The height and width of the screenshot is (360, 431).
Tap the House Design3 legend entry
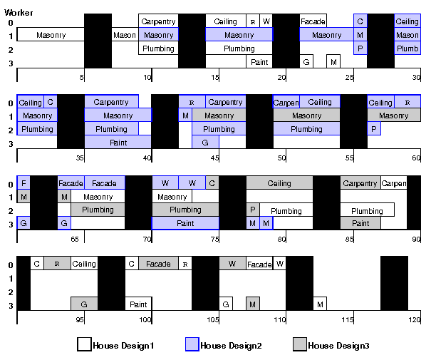coord(331,346)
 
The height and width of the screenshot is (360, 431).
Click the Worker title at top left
coord(19,12)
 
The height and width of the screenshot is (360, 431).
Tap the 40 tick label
coord(147,158)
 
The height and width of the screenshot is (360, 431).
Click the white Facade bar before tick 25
coord(313,21)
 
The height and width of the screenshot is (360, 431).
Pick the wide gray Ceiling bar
coord(279,183)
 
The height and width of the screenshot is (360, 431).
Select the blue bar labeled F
coord(24,183)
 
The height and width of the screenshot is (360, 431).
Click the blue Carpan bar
coord(286,103)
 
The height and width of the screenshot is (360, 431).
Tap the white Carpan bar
coord(393,183)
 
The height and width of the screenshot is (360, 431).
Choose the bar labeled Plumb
coord(407,48)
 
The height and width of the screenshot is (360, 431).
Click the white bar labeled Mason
coord(124,35)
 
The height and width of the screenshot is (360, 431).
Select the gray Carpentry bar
coord(360,183)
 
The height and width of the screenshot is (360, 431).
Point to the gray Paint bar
coord(360,223)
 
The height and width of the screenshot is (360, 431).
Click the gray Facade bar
coord(158,264)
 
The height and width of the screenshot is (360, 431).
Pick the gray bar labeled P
coord(252,210)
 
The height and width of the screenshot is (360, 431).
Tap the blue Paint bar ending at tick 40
coord(118,143)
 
